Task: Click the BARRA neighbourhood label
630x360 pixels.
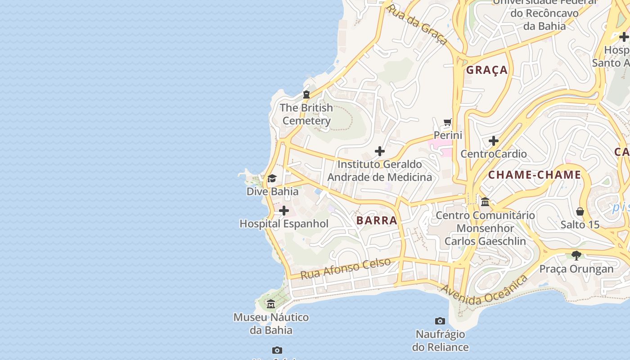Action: pos(377,220)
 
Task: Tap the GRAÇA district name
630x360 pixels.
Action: pos(487,70)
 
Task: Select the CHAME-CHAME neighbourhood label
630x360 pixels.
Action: pos(535,175)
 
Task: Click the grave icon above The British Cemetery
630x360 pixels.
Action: pos(306,94)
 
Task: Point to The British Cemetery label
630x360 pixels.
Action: pos(306,114)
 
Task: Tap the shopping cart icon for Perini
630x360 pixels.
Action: pos(447,122)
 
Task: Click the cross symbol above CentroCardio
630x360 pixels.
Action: pos(494,141)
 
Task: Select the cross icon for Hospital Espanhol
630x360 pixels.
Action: pos(284,211)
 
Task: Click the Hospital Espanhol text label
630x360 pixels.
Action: pos(284,224)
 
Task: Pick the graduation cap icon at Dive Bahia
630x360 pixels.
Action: pos(272,179)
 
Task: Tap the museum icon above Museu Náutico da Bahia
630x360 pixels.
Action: pos(270,304)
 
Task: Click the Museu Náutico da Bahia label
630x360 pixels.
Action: pos(271,324)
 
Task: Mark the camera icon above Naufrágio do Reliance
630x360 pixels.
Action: pos(440,321)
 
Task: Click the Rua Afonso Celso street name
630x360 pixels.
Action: pos(345,268)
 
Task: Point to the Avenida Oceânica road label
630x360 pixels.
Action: pos(484,291)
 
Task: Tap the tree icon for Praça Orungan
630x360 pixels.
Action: pos(576,256)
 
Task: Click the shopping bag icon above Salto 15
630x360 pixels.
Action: pos(580,211)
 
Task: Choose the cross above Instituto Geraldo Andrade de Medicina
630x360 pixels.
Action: pos(380,151)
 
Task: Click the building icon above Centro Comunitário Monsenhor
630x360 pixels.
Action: pos(485,202)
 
